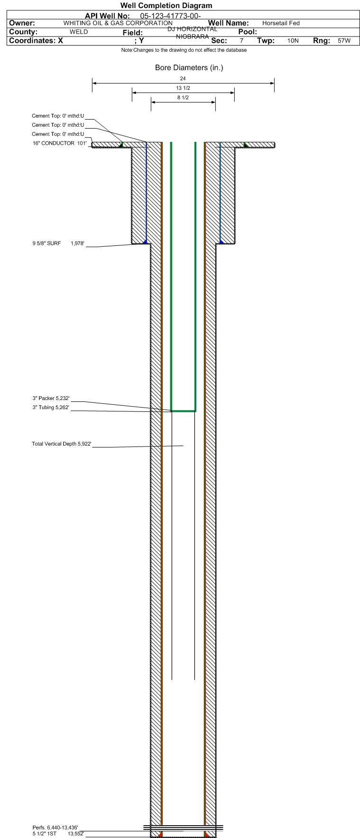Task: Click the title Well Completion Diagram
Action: (x=166, y=6)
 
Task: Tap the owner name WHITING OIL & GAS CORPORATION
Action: (x=118, y=23)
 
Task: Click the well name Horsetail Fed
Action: (x=281, y=23)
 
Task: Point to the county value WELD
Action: (x=79, y=32)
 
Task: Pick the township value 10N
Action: (x=293, y=41)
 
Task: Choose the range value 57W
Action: (x=344, y=41)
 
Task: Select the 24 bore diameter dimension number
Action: (x=183, y=78)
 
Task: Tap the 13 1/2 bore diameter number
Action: (x=183, y=88)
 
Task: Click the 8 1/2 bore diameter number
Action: (x=183, y=98)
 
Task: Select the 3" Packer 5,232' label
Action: (x=51, y=398)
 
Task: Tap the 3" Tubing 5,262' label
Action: (x=51, y=408)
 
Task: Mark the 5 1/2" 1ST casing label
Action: (x=45, y=833)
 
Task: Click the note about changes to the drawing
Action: (x=184, y=50)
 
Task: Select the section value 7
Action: (x=241, y=41)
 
